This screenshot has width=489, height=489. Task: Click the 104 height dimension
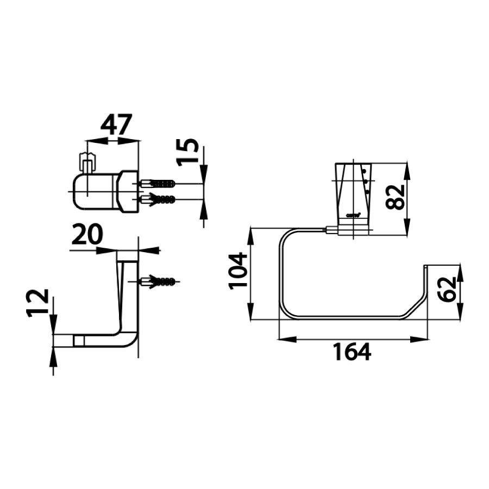(237, 271)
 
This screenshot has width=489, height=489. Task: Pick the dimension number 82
(396, 197)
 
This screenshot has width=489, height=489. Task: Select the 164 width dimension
(352, 352)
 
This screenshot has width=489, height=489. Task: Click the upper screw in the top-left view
(158, 184)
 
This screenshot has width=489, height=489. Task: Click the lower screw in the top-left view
(158, 199)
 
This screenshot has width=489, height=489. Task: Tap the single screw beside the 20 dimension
(158, 281)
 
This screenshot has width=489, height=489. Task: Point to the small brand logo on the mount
(353, 215)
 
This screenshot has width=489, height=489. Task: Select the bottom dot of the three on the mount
(368, 192)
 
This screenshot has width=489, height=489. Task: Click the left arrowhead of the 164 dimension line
(285, 339)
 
